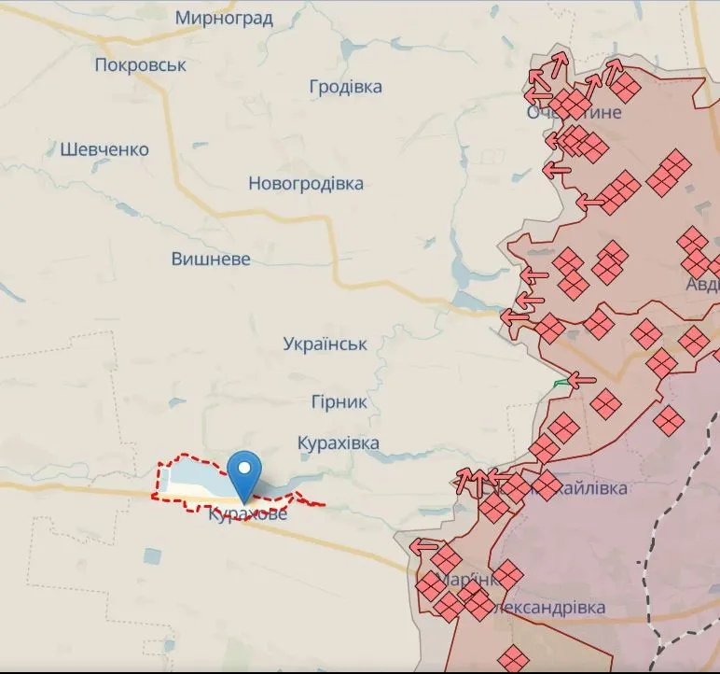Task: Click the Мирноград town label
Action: click(x=224, y=18)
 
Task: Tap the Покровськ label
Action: click(x=141, y=65)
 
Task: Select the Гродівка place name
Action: click(x=346, y=87)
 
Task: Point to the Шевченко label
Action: click(x=104, y=149)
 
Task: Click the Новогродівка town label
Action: click(x=306, y=184)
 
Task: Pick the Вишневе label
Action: click(x=211, y=260)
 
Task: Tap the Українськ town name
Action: click(x=325, y=344)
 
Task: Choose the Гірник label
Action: click(x=339, y=402)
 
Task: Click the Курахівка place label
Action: click(x=339, y=443)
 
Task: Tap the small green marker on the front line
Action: click(x=561, y=383)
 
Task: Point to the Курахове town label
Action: click(x=248, y=514)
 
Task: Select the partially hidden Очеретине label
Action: click(x=574, y=113)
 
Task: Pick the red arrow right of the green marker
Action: click(x=582, y=380)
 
